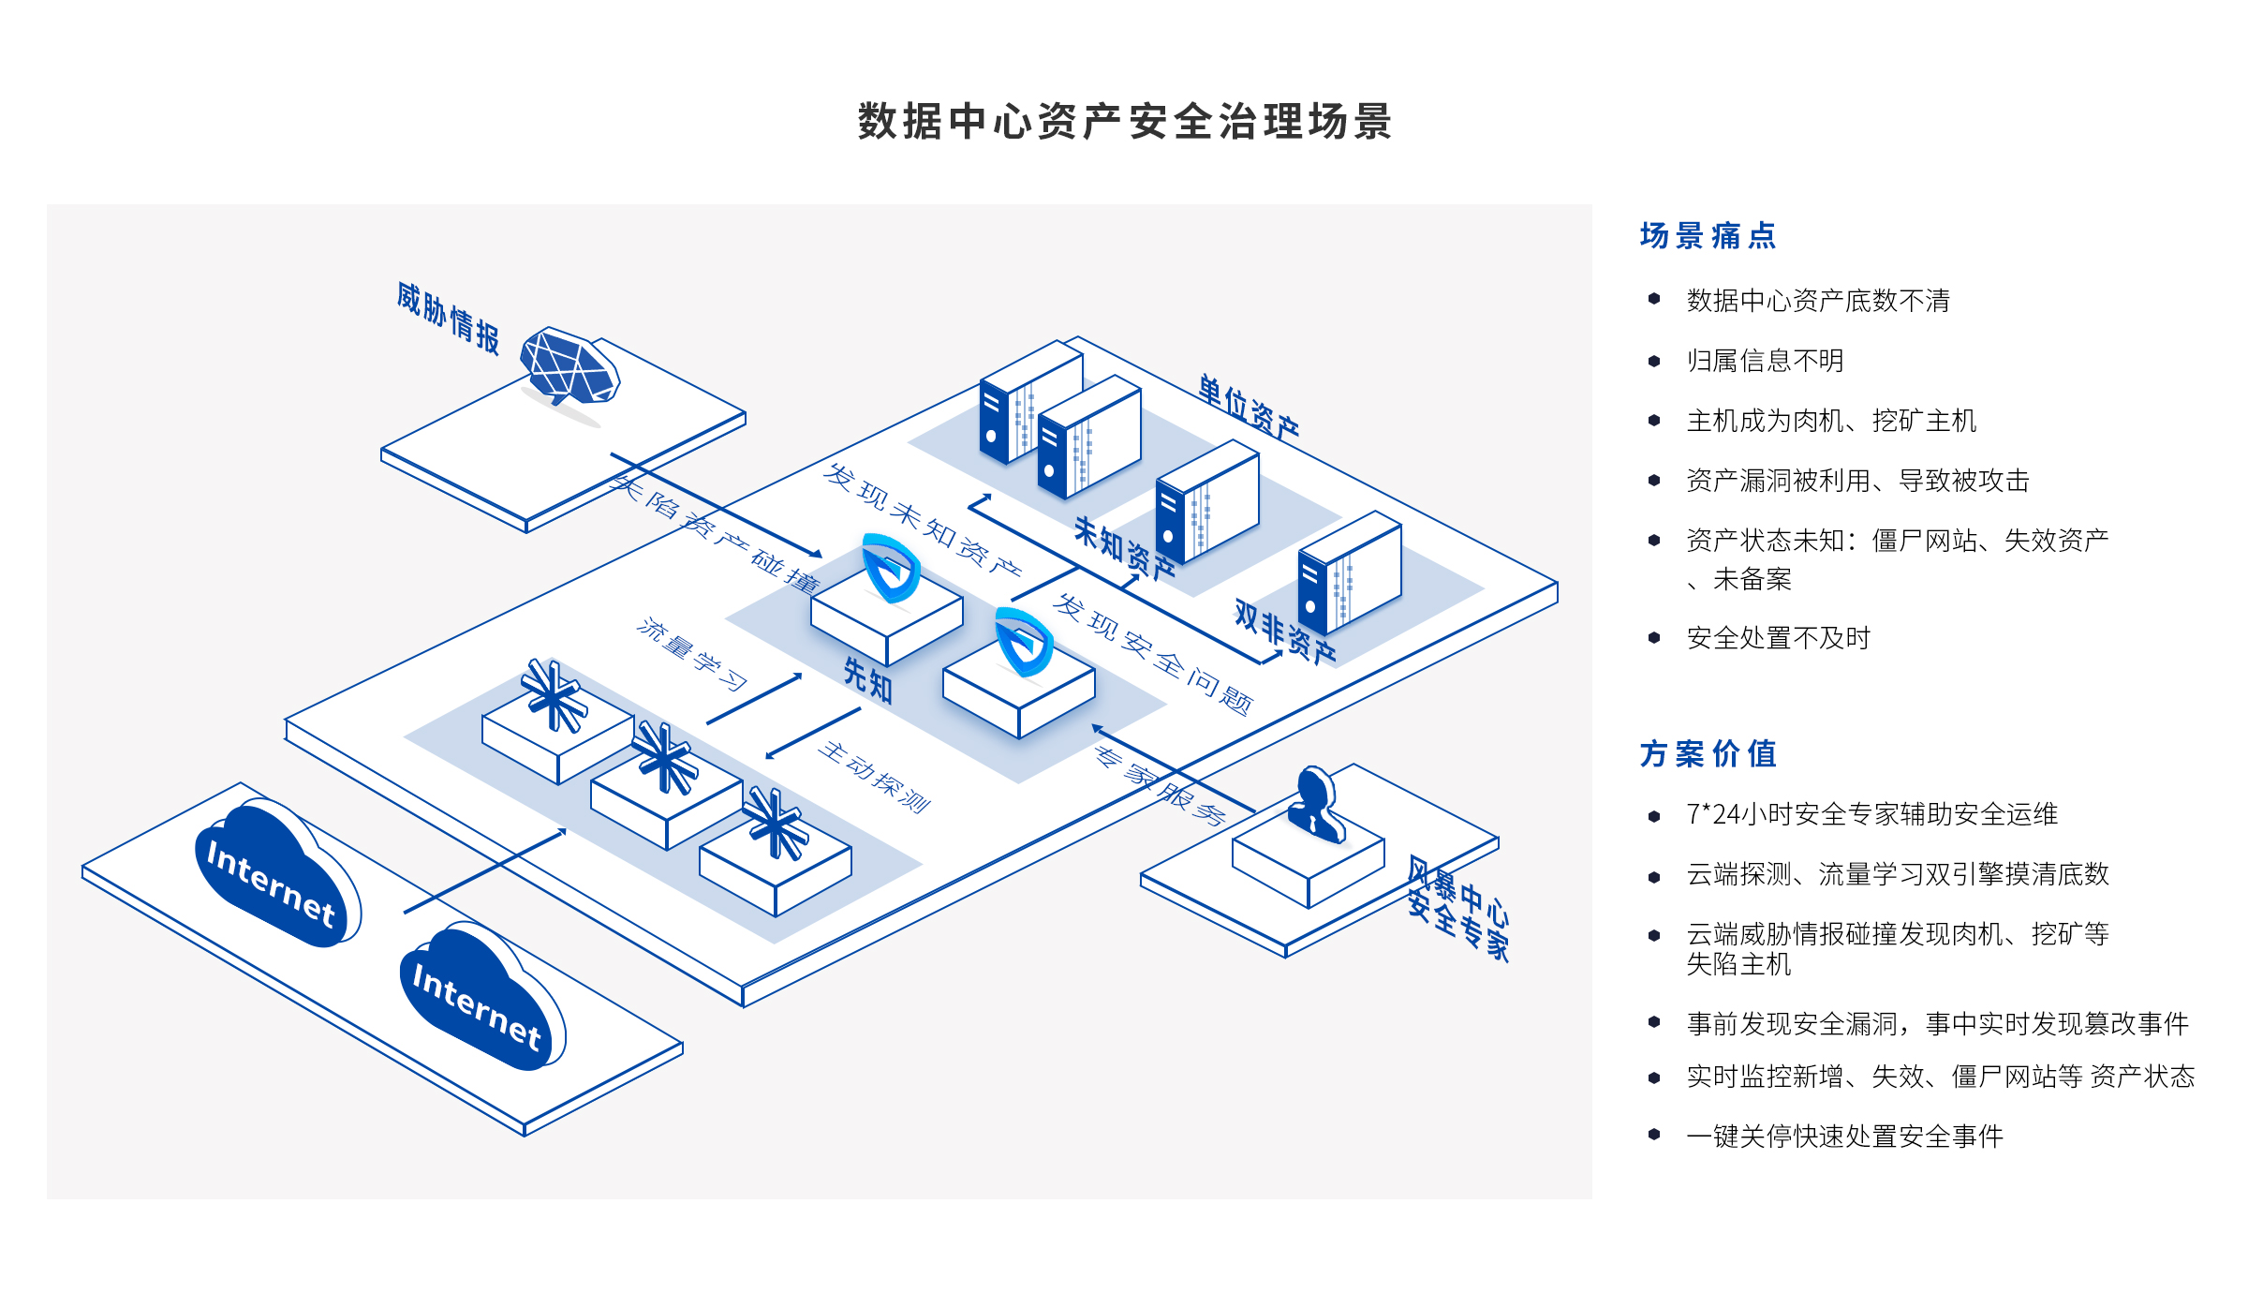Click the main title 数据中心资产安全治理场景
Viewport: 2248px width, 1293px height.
[x=1124, y=122]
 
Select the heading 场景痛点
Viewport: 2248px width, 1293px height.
[x=1708, y=236]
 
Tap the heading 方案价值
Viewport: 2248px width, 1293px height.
[x=1708, y=754]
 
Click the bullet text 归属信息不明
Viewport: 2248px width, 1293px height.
[x=1765, y=361]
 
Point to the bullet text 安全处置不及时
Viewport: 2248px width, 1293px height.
[x=1778, y=638]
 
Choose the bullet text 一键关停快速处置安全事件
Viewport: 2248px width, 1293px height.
[x=1844, y=1137]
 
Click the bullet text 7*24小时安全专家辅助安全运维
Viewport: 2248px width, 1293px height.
[x=1871, y=814]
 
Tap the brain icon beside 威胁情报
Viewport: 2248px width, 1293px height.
[x=569, y=368]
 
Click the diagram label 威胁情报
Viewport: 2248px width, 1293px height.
[x=448, y=317]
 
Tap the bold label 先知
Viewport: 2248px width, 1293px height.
[x=868, y=679]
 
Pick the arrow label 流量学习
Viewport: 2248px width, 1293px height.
[x=691, y=654]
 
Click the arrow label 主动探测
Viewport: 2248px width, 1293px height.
[x=874, y=778]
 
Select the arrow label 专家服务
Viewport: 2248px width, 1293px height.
[x=1160, y=785]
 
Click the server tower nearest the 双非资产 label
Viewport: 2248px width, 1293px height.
[x=1349, y=572]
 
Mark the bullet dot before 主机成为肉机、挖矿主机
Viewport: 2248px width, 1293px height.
[x=1654, y=421]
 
